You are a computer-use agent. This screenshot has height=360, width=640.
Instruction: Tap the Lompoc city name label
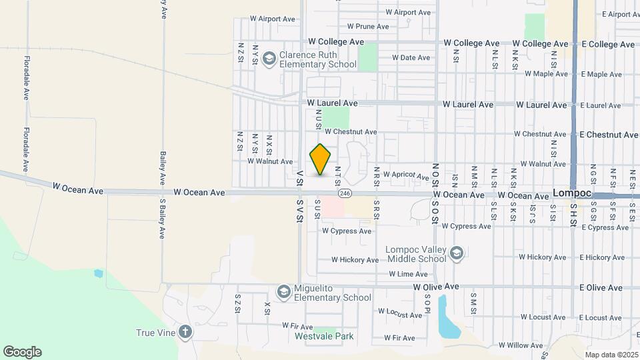[x=571, y=192]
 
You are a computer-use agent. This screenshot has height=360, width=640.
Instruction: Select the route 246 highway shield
[x=344, y=193]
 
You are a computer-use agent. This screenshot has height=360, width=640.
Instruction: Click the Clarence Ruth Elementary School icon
[x=269, y=60]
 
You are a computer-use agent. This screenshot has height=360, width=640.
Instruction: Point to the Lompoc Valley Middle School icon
[x=457, y=253]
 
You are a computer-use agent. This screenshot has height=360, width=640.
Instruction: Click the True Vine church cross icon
[x=185, y=332]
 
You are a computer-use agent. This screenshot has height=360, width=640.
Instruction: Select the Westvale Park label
[x=324, y=336]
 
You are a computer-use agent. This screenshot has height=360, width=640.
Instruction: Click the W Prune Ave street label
[x=367, y=27]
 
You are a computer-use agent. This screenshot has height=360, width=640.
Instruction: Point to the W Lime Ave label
[x=408, y=274]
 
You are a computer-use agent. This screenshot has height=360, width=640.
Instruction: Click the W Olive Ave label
[x=436, y=287]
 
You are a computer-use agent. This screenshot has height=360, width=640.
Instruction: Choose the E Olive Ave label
[x=600, y=288]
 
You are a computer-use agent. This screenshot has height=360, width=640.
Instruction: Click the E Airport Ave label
[x=620, y=13]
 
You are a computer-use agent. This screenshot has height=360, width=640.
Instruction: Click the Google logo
[x=22, y=351]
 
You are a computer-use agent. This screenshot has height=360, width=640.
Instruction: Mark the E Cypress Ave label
[x=604, y=227]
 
